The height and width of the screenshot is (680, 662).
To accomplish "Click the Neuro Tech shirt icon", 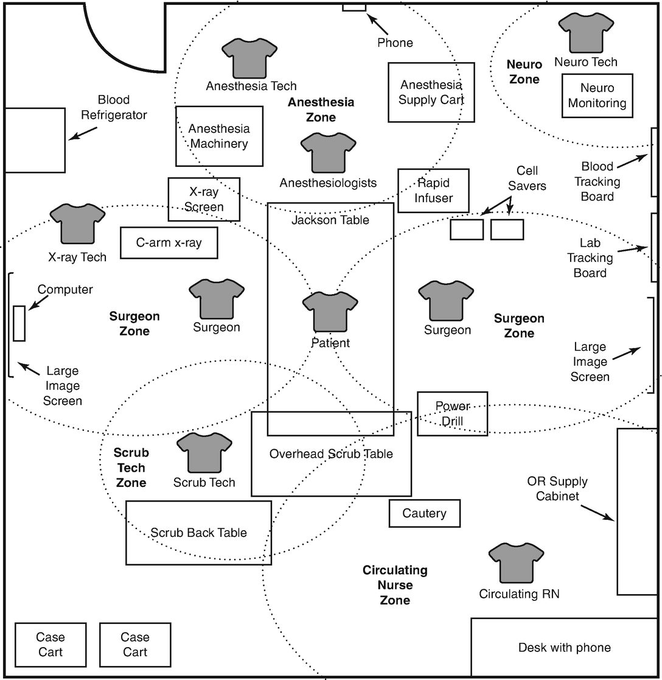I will (585, 33).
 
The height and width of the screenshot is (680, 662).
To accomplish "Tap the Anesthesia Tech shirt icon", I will (249, 58).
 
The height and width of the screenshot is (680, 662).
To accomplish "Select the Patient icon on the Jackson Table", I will (330, 311).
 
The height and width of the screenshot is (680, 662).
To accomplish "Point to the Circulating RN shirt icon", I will (516, 563).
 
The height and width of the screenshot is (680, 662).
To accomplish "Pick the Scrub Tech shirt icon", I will (204, 452).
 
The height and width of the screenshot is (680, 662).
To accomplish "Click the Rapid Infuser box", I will (434, 191).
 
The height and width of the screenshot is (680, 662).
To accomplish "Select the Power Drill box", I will (452, 413).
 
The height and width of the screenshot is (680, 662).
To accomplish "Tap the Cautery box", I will (425, 513).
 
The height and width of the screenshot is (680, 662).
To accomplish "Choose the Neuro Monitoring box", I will (597, 96).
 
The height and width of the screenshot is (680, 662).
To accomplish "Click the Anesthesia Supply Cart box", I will (431, 92).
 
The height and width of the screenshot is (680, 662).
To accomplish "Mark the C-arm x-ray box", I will (169, 242).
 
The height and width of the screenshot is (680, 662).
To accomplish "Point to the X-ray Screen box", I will (204, 199).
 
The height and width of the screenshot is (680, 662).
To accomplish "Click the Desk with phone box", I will (564, 647).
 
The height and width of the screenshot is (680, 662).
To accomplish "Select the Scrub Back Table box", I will (198, 533).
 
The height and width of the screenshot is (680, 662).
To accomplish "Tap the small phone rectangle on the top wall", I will (354, 7).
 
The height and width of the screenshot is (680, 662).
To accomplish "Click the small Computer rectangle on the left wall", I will (19, 323).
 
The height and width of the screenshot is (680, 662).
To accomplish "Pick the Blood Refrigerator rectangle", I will (35, 140).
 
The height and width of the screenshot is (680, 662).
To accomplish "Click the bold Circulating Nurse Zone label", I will (395, 585).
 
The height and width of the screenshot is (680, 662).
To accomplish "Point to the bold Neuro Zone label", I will (523, 72).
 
